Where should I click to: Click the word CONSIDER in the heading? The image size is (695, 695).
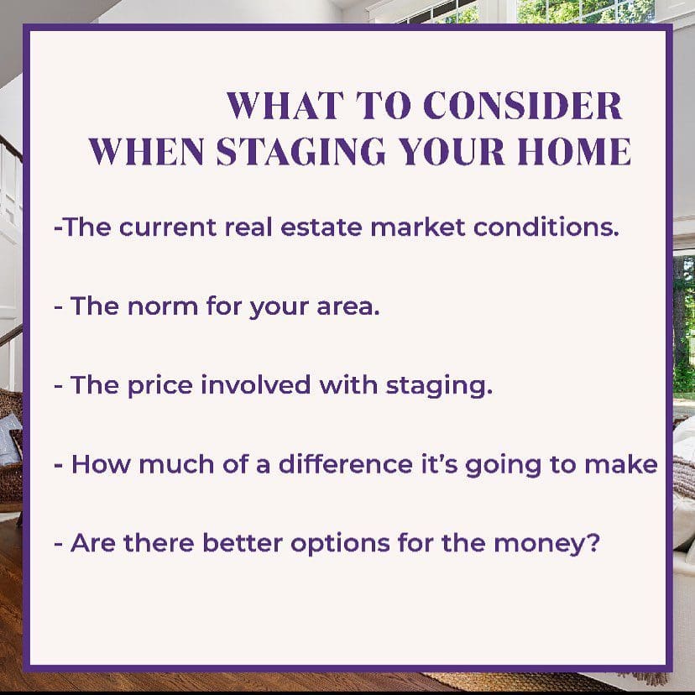pos(523,107)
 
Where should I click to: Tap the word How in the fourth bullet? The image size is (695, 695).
pos(98,464)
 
